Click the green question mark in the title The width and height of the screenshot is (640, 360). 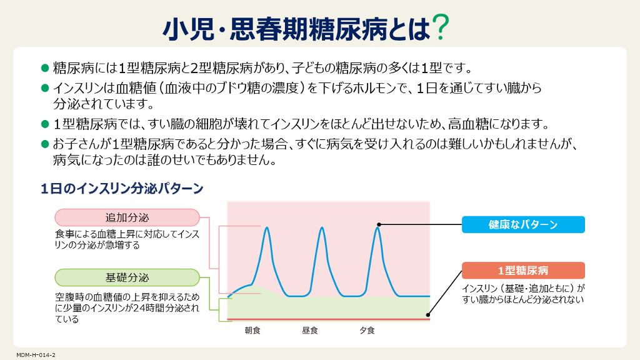(x=441, y=27)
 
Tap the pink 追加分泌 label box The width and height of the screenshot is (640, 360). (x=127, y=217)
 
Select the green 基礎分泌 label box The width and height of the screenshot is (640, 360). (x=127, y=277)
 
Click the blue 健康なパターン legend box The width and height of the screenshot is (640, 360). (x=523, y=224)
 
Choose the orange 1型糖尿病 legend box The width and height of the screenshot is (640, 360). (x=523, y=270)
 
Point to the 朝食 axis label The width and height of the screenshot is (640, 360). (x=252, y=330)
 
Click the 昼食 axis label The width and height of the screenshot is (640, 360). (x=310, y=330)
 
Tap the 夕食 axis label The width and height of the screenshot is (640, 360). (x=367, y=330)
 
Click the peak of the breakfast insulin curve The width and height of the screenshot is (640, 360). (x=267, y=227)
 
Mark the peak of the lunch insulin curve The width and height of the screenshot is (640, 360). (x=322, y=227)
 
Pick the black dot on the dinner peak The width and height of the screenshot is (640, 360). (x=379, y=224)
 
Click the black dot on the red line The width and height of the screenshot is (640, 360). (x=427, y=315)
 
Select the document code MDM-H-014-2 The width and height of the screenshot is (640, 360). (x=36, y=355)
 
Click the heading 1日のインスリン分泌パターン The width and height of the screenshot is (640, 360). (x=122, y=189)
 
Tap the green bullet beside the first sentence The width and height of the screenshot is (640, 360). (x=45, y=67)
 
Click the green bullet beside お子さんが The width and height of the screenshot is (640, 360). (x=45, y=144)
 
